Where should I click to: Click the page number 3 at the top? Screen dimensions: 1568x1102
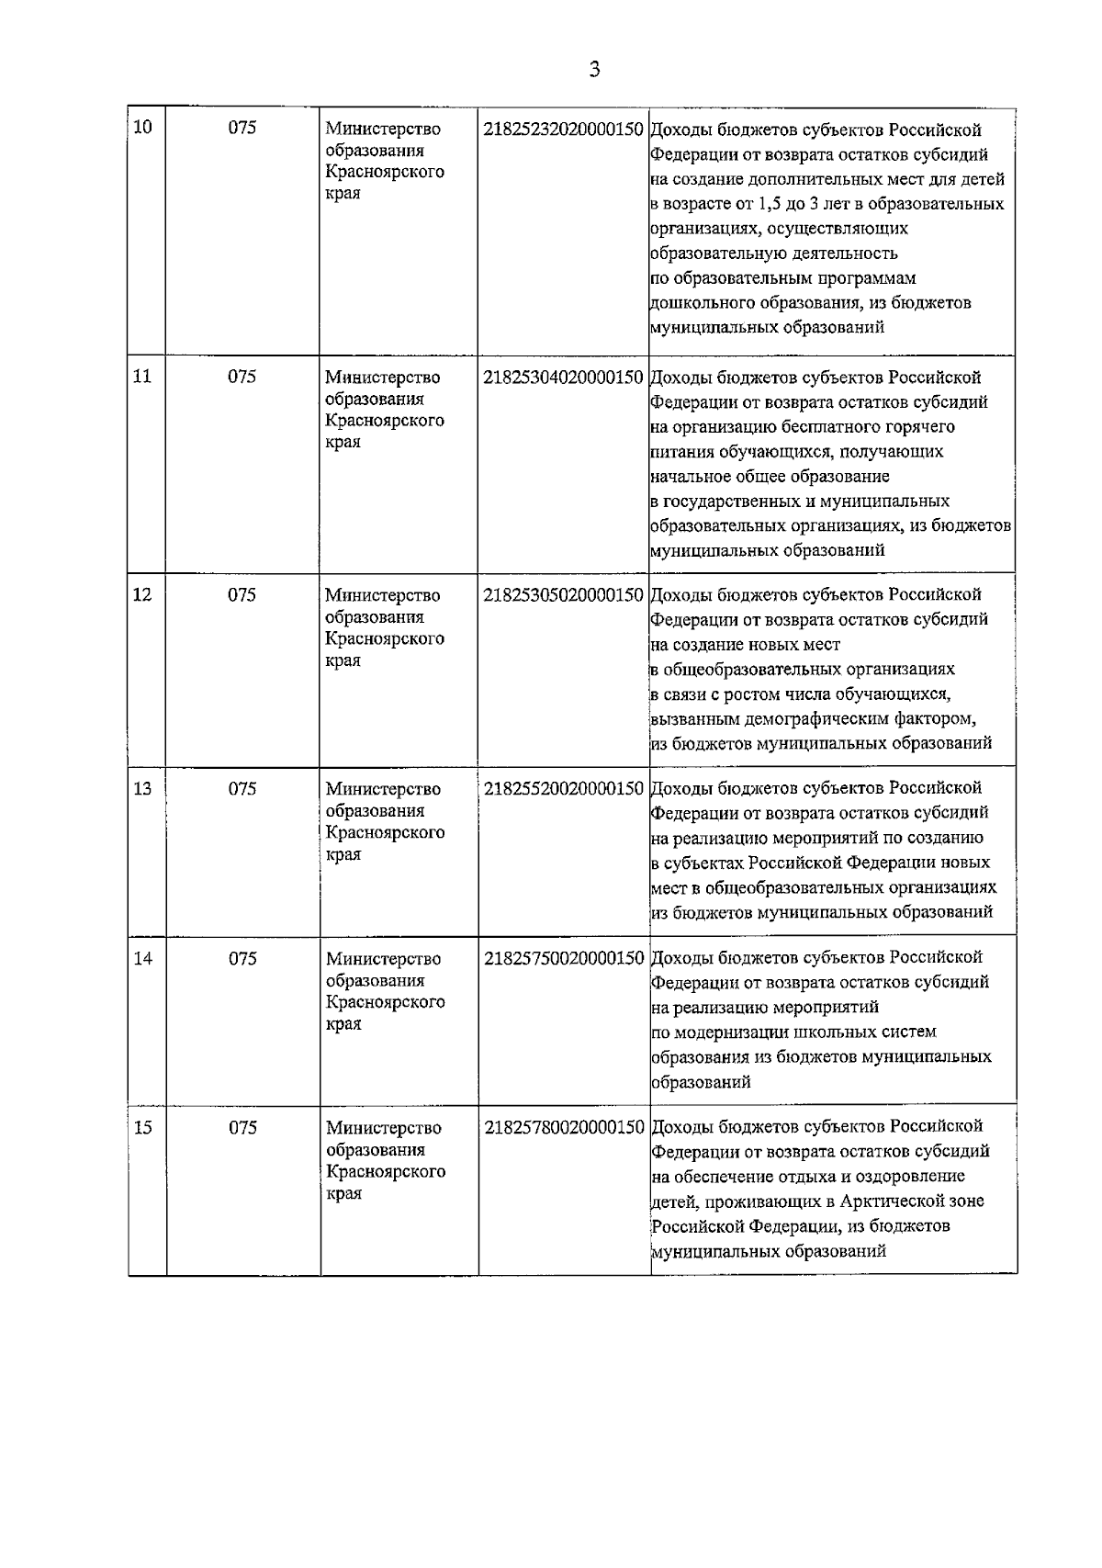(x=594, y=69)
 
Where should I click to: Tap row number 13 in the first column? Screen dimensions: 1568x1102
(x=142, y=789)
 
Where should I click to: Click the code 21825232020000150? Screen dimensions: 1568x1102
(x=563, y=130)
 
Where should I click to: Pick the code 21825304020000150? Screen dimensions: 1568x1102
(x=563, y=378)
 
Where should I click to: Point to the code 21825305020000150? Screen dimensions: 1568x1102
(x=563, y=595)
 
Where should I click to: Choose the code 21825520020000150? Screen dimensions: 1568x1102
(x=563, y=789)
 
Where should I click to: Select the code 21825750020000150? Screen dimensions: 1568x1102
(x=563, y=959)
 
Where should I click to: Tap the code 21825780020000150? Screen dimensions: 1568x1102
(x=563, y=1128)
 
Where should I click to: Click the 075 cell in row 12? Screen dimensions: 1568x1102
(x=242, y=595)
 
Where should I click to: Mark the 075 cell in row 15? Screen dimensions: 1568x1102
(x=242, y=1128)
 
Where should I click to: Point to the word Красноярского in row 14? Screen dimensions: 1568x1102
(x=386, y=1002)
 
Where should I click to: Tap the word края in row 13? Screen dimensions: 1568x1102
(x=343, y=854)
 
